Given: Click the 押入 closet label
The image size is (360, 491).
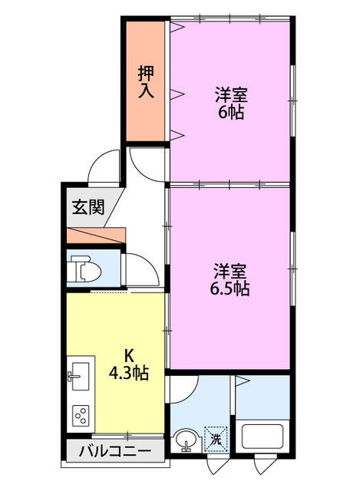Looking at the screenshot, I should pos(146,82).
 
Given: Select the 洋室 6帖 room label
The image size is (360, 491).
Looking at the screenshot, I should pos(230,104).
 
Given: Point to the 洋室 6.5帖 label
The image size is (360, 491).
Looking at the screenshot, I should pos(230,279).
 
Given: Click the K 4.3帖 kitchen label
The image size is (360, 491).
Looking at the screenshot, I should pos(130,364).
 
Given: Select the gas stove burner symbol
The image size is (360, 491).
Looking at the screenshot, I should pos(80,417).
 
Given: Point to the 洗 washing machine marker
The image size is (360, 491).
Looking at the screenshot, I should pos(216,439).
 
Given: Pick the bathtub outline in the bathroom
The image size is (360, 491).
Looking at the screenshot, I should pos(263,436).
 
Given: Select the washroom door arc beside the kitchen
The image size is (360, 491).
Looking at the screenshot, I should pos(183,390).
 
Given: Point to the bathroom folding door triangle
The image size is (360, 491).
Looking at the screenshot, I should pos(241,380).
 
